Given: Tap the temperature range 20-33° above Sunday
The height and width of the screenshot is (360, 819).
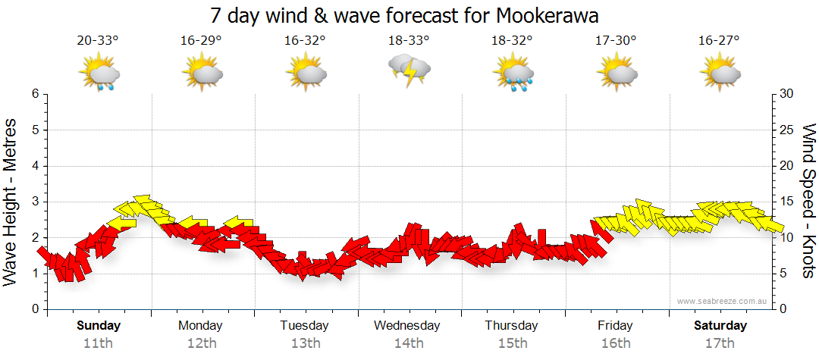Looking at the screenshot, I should [x=98, y=40].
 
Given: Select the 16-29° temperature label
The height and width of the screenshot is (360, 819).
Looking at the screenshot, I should [x=201, y=40].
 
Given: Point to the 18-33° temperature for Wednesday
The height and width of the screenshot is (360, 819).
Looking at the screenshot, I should [x=408, y=40].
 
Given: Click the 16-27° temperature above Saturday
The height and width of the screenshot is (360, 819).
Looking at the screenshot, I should [x=720, y=40].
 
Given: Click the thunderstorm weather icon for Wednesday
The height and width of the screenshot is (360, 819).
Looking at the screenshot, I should [x=409, y=70].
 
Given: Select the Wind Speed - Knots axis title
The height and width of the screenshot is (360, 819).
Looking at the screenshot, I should [x=808, y=201].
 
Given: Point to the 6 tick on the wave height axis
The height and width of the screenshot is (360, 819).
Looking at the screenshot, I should [x=34, y=94].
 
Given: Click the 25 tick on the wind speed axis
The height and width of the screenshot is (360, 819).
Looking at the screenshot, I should [x=786, y=130].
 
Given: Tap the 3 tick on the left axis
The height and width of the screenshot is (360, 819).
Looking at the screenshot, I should [x=34, y=202].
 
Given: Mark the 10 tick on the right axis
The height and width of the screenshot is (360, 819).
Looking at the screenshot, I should [x=786, y=237].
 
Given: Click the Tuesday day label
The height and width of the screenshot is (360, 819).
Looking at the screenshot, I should [x=304, y=326].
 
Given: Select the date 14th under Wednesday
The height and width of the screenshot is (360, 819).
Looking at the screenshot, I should [x=408, y=343].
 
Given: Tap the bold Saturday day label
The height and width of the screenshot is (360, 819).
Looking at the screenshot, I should [x=720, y=326].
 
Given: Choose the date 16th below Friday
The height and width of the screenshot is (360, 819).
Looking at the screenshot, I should [x=615, y=343].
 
